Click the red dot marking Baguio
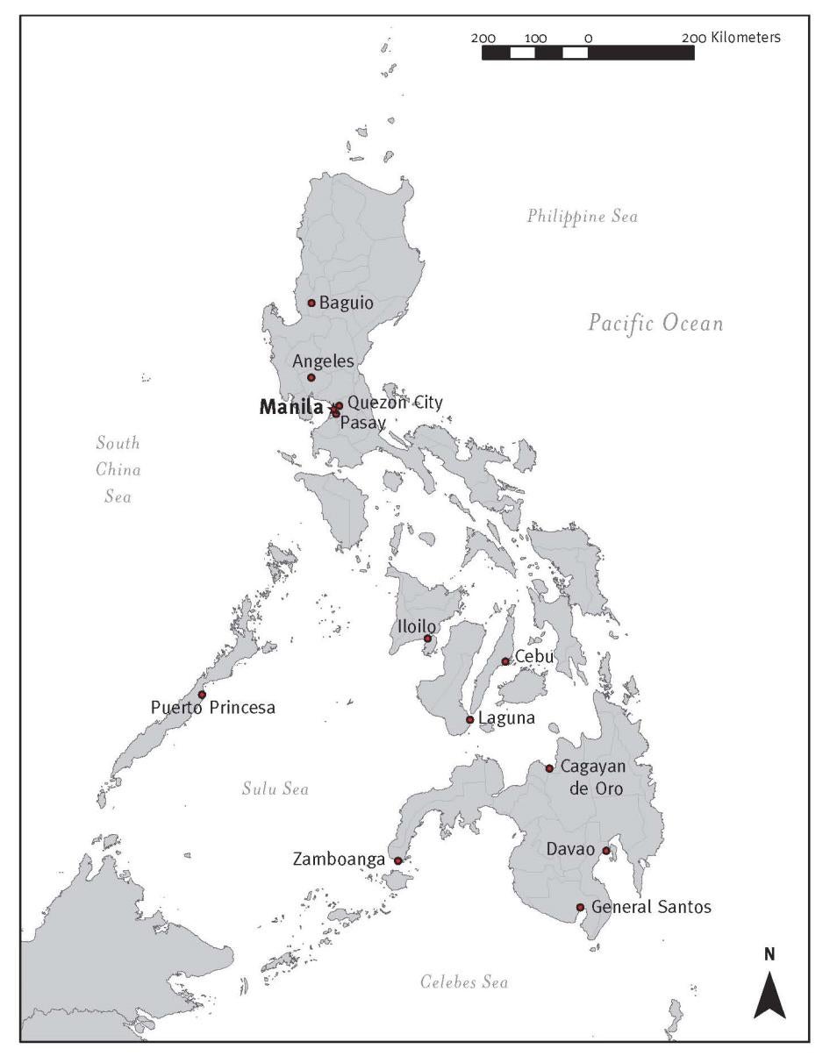click(x=311, y=303)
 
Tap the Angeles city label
click(x=323, y=361)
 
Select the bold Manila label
click(x=291, y=407)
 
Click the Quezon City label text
click(x=395, y=403)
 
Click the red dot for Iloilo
click(x=428, y=639)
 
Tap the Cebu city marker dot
click(x=505, y=661)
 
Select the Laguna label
click(x=506, y=719)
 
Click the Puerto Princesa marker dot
click(x=202, y=695)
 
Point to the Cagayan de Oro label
click(x=592, y=778)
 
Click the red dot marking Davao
click(x=605, y=850)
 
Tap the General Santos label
click(x=651, y=907)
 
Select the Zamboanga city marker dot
click(x=397, y=861)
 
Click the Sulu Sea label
click(x=275, y=789)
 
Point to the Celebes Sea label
click(x=463, y=982)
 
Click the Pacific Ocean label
click(x=655, y=324)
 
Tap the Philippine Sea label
click(x=582, y=216)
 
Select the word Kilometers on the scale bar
click(x=742, y=38)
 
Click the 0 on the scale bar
click(x=588, y=38)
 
